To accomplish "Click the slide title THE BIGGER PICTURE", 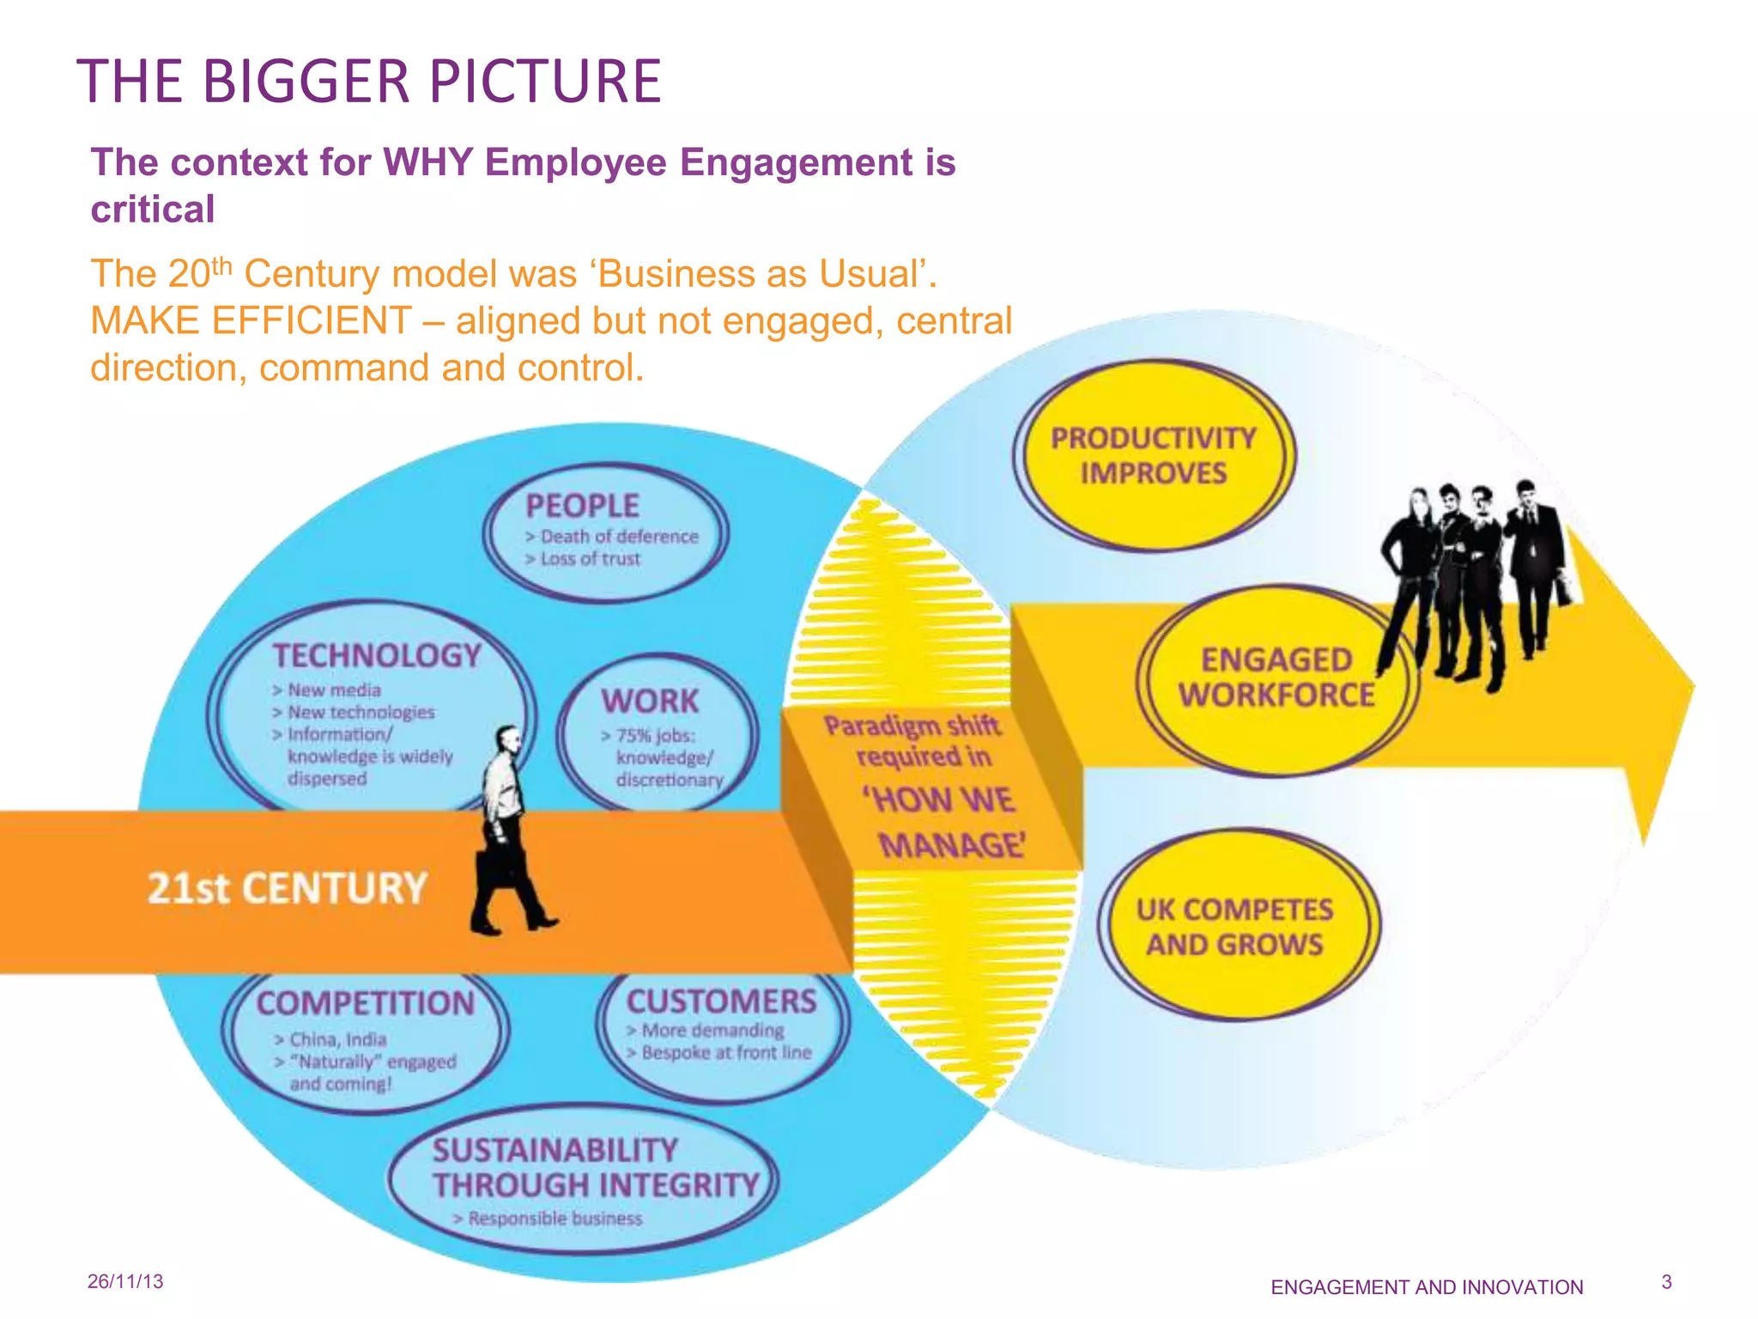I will pyautogui.click(x=369, y=82).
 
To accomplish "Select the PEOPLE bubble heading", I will pyautogui.click(x=582, y=506).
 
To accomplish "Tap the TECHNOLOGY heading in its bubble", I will pyautogui.click(x=377, y=656).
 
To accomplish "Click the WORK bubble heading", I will pyautogui.click(x=650, y=702).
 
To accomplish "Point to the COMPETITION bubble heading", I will pyautogui.click(x=366, y=1003).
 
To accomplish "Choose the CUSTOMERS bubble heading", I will pyautogui.click(x=721, y=1001).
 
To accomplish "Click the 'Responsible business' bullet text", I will pyautogui.click(x=555, y=1219).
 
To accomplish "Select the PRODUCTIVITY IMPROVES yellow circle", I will pyautogui.click(x=1153, y=455).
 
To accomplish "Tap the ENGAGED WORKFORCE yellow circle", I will pyautogui.click(x=1276, y=678).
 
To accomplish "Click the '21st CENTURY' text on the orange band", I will pyautogui.click(x=287, y=888).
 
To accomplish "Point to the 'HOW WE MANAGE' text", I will pyautogui.click(x=944, y=823).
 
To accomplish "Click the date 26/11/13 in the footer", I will pyautogui.click(x=125, y=1282).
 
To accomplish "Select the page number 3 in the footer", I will pyautogui.click(x=1666, y=1282).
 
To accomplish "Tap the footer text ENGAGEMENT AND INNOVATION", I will pyautogui.click(x=1427, y=1287).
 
